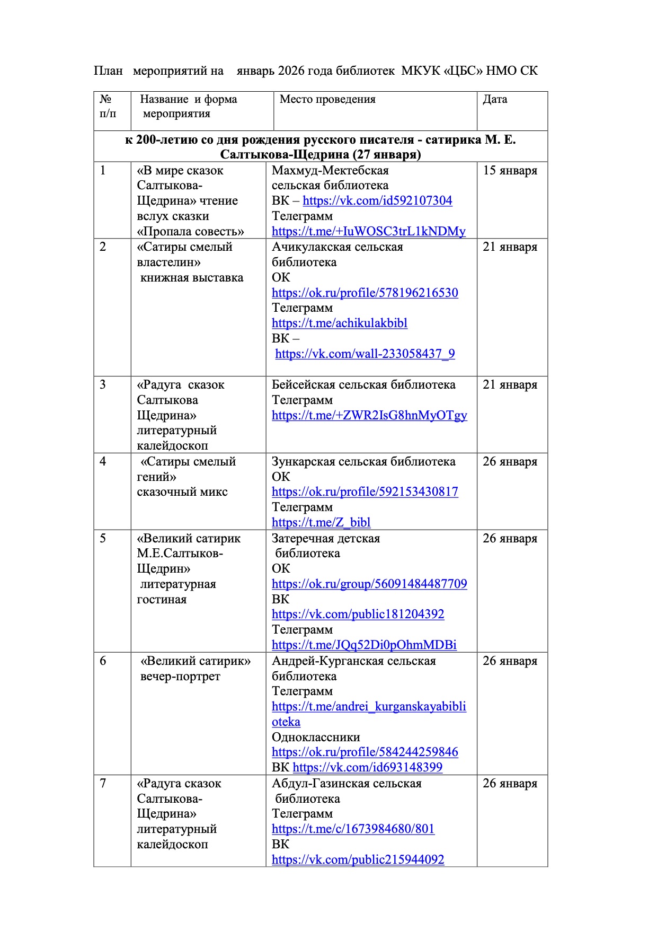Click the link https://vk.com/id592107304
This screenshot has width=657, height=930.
pos(377,200)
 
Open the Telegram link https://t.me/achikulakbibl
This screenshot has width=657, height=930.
pos(340,323)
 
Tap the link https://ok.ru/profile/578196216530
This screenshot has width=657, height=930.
pos(365,293)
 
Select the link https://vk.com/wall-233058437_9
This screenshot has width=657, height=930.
pos(365,354)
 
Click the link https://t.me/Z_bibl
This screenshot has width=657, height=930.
pos(321,522)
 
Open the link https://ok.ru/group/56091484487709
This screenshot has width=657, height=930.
pos(369,584)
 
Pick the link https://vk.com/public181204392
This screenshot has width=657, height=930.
pos(358,614)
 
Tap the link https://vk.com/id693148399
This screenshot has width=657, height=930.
pos(367,767)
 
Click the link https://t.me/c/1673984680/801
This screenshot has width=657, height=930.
pos(353,829)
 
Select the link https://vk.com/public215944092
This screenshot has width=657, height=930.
pos(358,859)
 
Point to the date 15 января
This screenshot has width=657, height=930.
pos(510,170)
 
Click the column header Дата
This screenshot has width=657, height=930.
pos(495,99)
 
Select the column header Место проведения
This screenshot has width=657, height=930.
pos(327,99)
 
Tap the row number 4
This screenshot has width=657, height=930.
pos(103,461)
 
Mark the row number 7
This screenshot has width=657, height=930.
pos(103,783)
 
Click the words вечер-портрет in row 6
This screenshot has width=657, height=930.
pos(180,676)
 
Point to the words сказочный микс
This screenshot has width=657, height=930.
pos(182,492)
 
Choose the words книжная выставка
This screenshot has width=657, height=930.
pos(192,277)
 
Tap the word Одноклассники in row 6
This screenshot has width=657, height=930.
pos(316,737)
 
